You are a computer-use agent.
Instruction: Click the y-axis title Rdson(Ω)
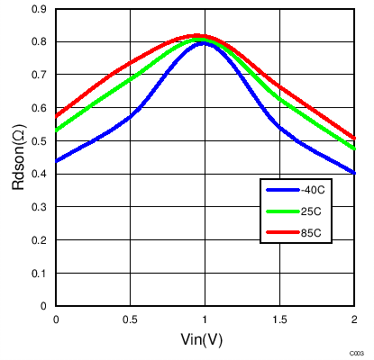[x=18, y=157]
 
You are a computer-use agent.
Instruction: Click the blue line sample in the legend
[x=283, y=189]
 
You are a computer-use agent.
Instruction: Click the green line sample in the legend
[x=283, y=211]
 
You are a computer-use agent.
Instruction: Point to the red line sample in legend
[x=283, y=234]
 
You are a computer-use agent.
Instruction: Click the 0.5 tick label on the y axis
[x=41, y=140]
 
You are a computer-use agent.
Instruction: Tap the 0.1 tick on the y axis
[x=41, y=273]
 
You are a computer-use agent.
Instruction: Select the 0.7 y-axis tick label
[x=41, y=75]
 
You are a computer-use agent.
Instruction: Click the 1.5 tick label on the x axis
[x=279, y=319]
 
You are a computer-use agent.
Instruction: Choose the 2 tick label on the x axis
[x=353, y=319]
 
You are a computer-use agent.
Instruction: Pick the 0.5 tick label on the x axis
[x=131, y=319]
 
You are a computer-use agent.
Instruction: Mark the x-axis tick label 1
[x=205, y=319]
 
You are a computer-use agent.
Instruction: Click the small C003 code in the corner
[x=358, y=353]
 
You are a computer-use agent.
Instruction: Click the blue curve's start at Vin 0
[x=57, y=161]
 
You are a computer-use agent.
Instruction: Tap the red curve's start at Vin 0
[x=57, y=116]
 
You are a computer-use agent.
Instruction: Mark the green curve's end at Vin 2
[x=353, y=148]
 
